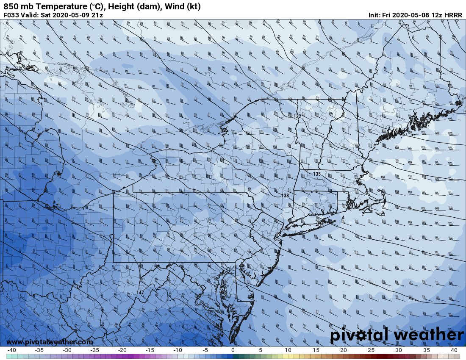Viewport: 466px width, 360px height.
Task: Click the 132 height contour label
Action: point(297,116)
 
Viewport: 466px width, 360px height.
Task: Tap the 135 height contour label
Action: point(317,174)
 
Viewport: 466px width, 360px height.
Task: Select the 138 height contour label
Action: point(285,196)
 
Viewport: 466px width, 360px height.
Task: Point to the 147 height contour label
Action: point(140,293)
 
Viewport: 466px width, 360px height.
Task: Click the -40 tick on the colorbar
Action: point(11,350)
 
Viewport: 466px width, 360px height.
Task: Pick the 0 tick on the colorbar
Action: point(233,350)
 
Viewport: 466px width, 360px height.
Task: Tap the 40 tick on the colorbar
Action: point(453,350)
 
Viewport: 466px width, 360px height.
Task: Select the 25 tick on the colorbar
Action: point(371,350)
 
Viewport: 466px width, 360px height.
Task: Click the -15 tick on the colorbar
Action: point(150,350)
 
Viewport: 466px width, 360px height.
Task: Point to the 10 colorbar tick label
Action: point(288,350)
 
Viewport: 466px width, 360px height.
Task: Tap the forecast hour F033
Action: point(11,15)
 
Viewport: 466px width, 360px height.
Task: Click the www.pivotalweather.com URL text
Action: point(50,342)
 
